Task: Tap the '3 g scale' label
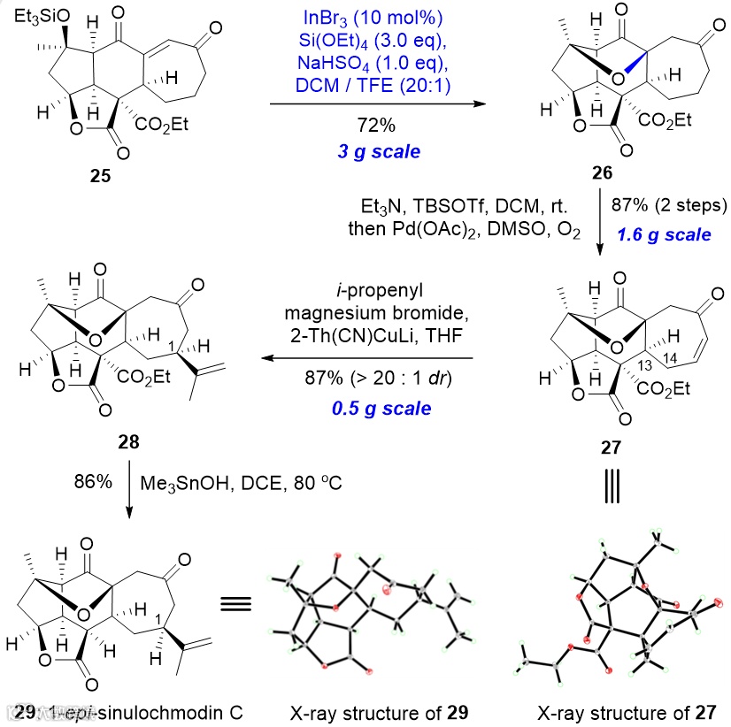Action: coord(377,151)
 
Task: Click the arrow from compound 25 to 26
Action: coord(377,103)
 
